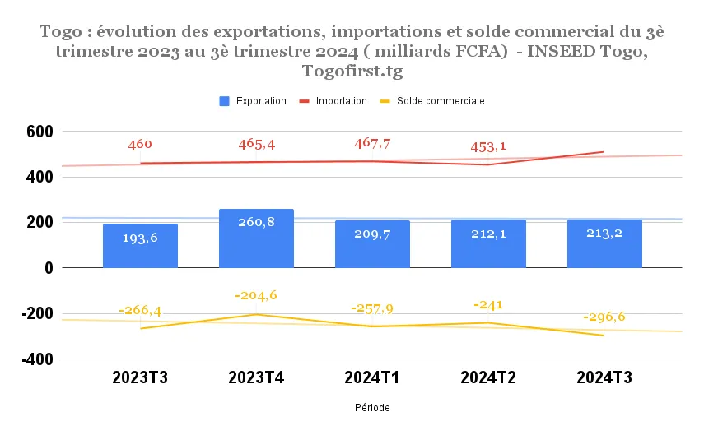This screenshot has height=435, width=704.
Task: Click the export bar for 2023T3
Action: click(x=140, y=246)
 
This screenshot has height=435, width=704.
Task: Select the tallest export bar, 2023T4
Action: click(x=256, y=238)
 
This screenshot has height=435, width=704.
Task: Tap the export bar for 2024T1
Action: click(x=372, y=244)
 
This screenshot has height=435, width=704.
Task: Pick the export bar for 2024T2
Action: click(x=488, y=243)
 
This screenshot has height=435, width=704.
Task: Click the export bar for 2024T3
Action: click(x=604, y=243)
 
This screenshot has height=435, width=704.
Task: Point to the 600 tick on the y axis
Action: click(x=40, y=132)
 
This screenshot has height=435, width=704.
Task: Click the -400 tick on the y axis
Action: click(x=37, y=359)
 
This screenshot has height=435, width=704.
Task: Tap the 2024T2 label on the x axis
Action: click(x=488, y=380)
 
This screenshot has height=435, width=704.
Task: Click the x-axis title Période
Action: click(x=372, y=408)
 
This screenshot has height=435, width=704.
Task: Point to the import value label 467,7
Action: click(x=372, y=144)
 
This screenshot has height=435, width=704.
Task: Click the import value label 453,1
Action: click(x=488, y=147)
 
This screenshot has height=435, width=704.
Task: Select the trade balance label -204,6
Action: click(x=256, y=296)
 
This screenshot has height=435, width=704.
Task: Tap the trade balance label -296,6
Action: click(x=604, y=317)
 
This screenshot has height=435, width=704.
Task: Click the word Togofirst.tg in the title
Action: click(x=352, y=70)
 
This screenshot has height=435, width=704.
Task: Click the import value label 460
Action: click(x=140, y=145)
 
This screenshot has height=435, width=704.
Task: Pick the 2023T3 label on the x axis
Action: click(x=140, y=380)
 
